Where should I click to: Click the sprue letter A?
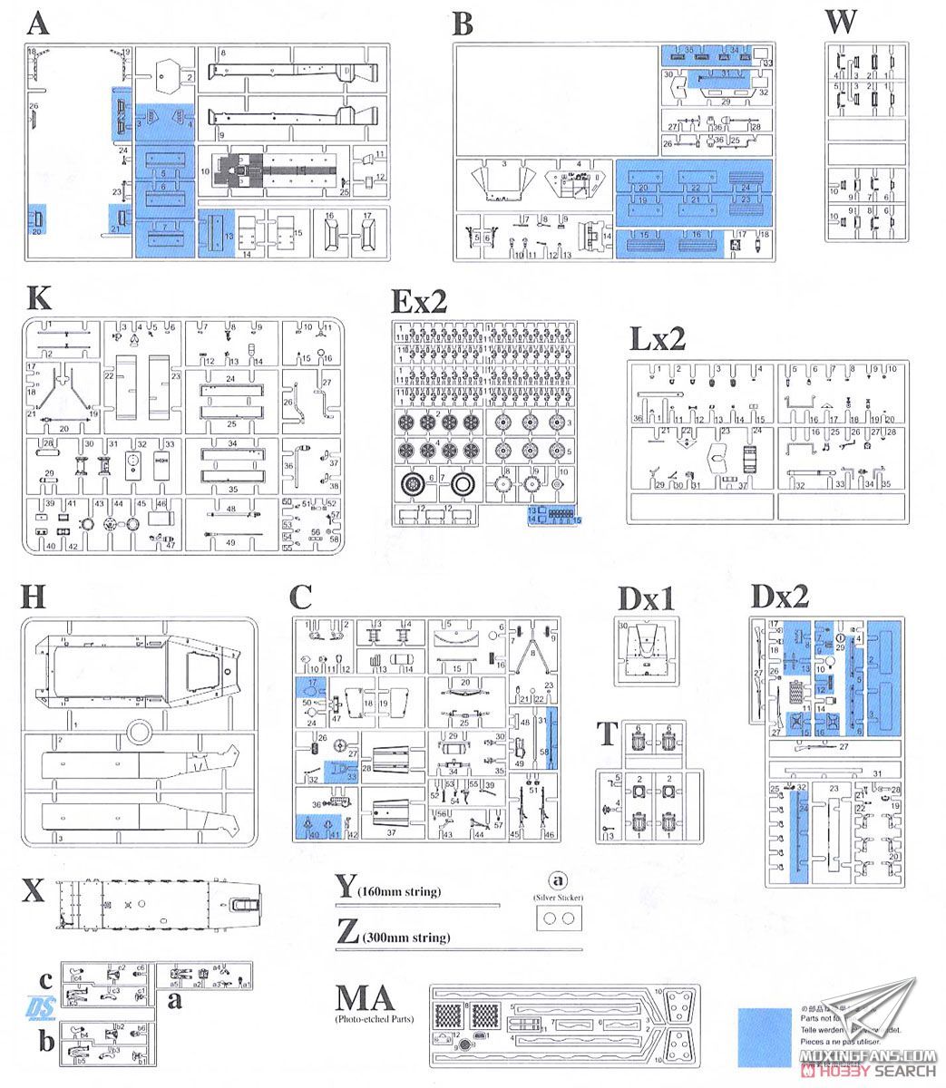pyautogui.click(x=39, y=23)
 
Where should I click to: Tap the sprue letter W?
pyautogui.click(x=842, y=21)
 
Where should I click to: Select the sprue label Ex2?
pyautogui.click(x=419, y=300)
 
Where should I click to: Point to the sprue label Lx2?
pyautogui.click(x=658, y=339)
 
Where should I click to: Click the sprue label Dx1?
pyautogui.click(x=645, y=600)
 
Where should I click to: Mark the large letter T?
pyautogui.click(x=608, y=733)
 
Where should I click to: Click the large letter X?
pyautogui.click(x=33, y=891)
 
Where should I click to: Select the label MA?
pyautogui.click(x=365, y=999)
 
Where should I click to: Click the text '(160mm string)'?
pyautogui.click(x=399, y=892)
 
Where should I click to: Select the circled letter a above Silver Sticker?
pyautogui.click(x=557, y=880)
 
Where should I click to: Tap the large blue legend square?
pyautogui.click(x=765, y=1035)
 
